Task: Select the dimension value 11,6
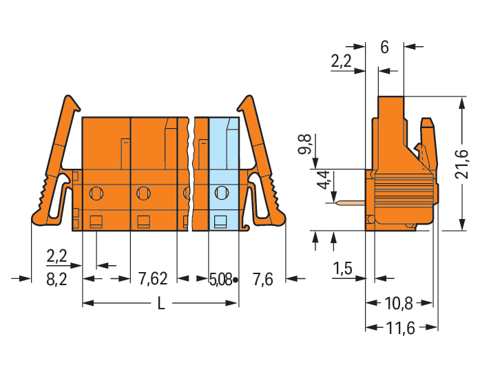point(400,329)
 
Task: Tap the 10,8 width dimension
point(399,304)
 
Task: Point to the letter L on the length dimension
point(161,304)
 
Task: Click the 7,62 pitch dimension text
point(153,279)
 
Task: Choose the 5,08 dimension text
point(220,280)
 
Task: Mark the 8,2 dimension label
point(57,280)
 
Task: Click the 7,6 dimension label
point(262,280)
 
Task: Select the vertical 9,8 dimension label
point(306,144)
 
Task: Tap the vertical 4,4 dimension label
point(324,180)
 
